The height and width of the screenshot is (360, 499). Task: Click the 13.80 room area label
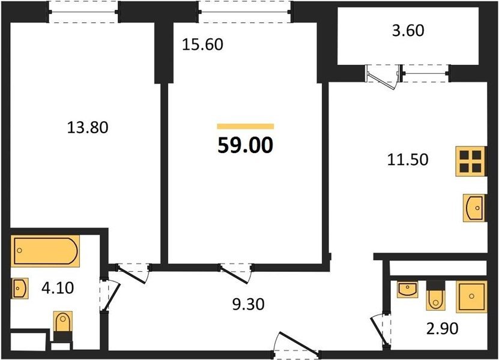click(88, 128)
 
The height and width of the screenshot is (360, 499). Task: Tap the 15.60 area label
click(203, 44)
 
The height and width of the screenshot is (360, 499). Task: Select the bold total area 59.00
click(246, 145)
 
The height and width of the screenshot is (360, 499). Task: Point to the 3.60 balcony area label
click(408, 31)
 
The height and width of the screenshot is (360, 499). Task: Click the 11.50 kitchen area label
click(408, 160)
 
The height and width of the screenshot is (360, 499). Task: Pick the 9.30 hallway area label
click(248, 304)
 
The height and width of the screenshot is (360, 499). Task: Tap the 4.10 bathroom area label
click(58, 288)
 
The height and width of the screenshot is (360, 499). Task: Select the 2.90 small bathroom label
click(443, 328)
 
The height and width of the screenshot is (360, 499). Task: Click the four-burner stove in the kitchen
click(471, 161)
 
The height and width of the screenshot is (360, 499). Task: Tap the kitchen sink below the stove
click(474, 208)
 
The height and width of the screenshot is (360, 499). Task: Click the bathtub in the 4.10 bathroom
click(45, 251)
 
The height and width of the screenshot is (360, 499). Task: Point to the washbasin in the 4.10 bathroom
click(20, 289)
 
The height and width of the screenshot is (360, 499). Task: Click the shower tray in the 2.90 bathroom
click(471, 297)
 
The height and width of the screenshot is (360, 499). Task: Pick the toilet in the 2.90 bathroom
click(436, 296)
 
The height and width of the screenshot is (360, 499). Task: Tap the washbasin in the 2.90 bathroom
click(407, 289)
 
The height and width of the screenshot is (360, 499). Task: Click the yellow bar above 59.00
click(246, 127)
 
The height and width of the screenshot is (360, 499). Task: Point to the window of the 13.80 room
click(83, 12)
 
